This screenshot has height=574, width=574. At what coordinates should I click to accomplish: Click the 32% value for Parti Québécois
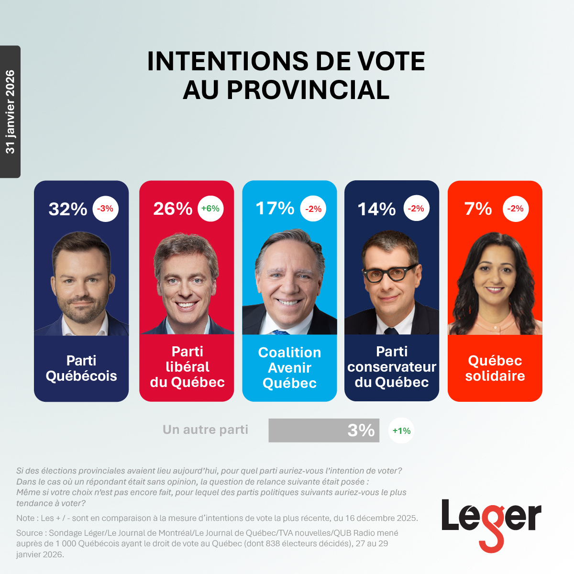point(68,209)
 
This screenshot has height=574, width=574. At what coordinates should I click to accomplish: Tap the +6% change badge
point(210,209)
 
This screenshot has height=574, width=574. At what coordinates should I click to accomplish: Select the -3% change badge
point(105,209)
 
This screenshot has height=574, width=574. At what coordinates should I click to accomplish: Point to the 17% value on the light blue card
point(275,209)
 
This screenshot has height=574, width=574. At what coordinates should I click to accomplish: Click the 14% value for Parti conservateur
point(377,209)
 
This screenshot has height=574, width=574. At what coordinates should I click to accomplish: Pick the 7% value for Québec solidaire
point(478,209)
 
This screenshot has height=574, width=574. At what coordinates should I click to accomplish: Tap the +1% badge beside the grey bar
point(401,430)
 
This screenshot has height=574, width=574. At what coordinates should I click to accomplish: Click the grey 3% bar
point(324,430)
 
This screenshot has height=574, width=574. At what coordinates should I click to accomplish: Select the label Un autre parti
point(205,430)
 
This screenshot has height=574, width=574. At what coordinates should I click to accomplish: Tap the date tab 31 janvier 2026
point(10,112)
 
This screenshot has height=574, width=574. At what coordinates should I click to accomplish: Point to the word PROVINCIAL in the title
point(308,90)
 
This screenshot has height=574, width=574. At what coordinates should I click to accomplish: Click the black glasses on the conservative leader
point(389,274)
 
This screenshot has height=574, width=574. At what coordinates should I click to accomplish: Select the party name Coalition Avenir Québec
point(289,367)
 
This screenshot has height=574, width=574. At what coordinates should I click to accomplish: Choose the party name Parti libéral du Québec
point(187,367)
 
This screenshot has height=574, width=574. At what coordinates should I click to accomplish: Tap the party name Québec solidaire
point(495,368)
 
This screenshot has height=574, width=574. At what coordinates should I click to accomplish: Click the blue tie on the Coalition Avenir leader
point(281,331)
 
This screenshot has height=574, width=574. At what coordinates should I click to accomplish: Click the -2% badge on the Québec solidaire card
point(516,209)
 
